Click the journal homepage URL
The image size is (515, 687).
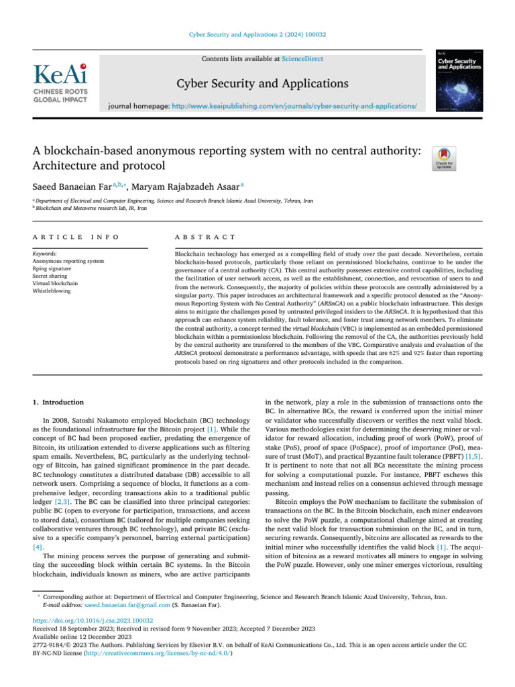(x=290, y=106)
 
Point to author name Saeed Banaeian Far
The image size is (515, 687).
(x=69, y=186)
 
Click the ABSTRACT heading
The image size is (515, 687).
(x=205, y=237)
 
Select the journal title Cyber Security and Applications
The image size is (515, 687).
(x=262, y=84)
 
